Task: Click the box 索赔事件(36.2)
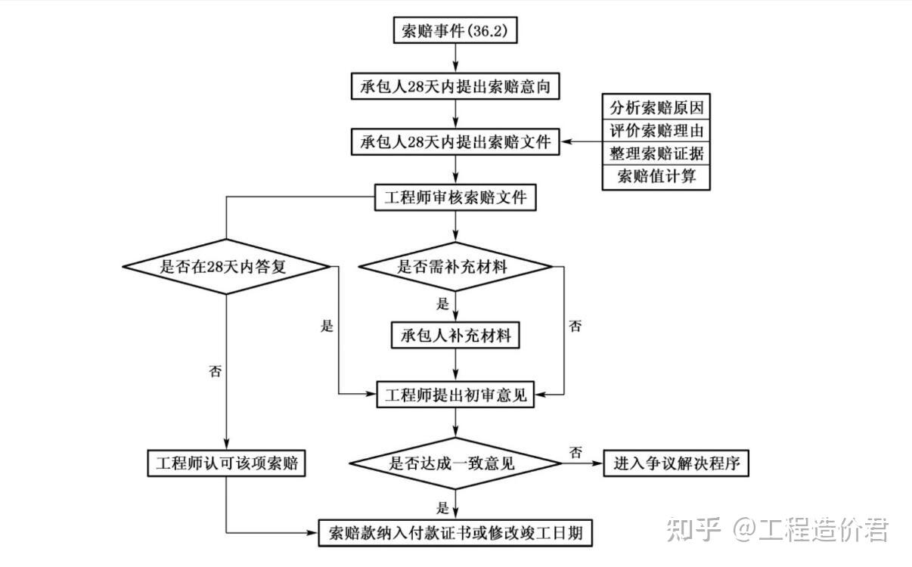(456, 31)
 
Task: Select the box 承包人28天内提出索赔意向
(456, 86)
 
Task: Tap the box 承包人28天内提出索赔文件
(456, 141)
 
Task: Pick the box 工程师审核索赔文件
(456, 198)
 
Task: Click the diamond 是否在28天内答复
(226, 266)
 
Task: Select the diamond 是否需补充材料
(456, 266)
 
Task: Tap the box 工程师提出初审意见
(456, 395)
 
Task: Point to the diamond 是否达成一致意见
(456, 463)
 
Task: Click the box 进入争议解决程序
(676, 463)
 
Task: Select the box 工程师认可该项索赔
(226, 463)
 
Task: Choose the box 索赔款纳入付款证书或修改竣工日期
(456, 532)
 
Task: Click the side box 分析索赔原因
(656, 107)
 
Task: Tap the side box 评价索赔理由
(656, 130)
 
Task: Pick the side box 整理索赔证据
(656, 153)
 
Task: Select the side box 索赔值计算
(656, 177)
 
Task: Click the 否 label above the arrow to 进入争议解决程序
(575, 453)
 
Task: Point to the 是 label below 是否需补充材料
(442, 304)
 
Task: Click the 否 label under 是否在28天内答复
(216, 371)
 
